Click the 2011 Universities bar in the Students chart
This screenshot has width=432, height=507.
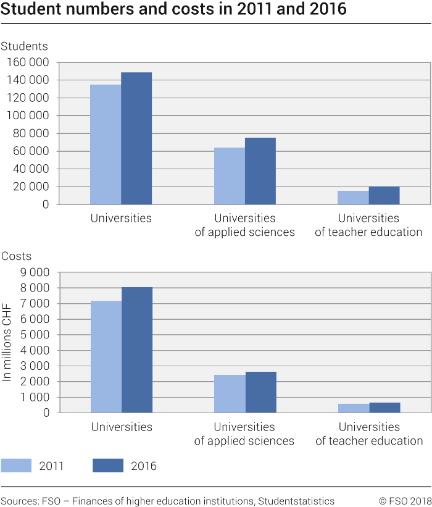tap(106, 145)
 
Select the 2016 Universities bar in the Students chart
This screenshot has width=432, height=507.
tap(136, 138)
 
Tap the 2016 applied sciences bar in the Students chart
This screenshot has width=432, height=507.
tap(260, 171)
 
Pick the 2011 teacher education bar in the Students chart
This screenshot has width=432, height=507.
tap(353, 198)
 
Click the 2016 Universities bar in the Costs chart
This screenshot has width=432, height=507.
tap(137, 350)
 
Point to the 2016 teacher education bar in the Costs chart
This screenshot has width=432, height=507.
tap(384, 408)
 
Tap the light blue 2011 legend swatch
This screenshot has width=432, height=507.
tap(16, 466)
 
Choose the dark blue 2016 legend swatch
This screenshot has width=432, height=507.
tap(108, 466)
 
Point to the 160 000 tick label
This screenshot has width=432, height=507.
tap(29, 62)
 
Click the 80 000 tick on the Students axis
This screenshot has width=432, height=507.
tap(32, 133)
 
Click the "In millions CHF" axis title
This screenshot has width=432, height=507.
tap(7, 343)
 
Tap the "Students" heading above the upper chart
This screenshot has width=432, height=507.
tap(25, 46)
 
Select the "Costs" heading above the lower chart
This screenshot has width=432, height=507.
tap(17, 256)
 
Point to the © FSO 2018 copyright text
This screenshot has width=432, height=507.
tap(404, 501)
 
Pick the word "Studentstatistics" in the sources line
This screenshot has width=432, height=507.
tap(297, 501)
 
